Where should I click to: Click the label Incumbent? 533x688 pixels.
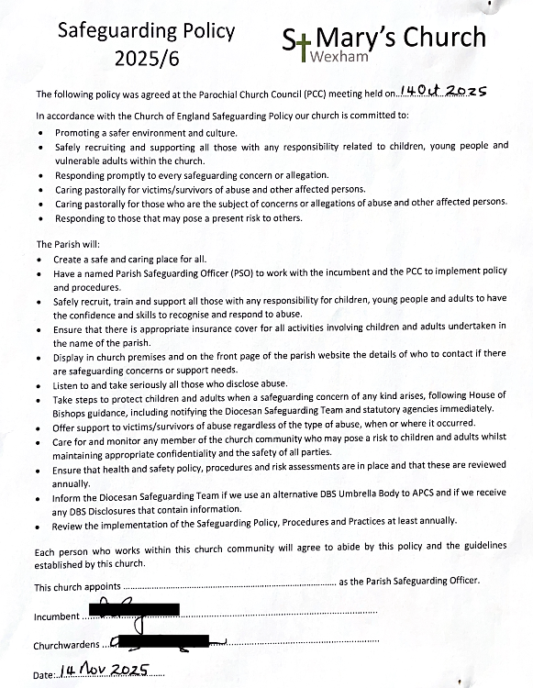click(57, 617)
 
